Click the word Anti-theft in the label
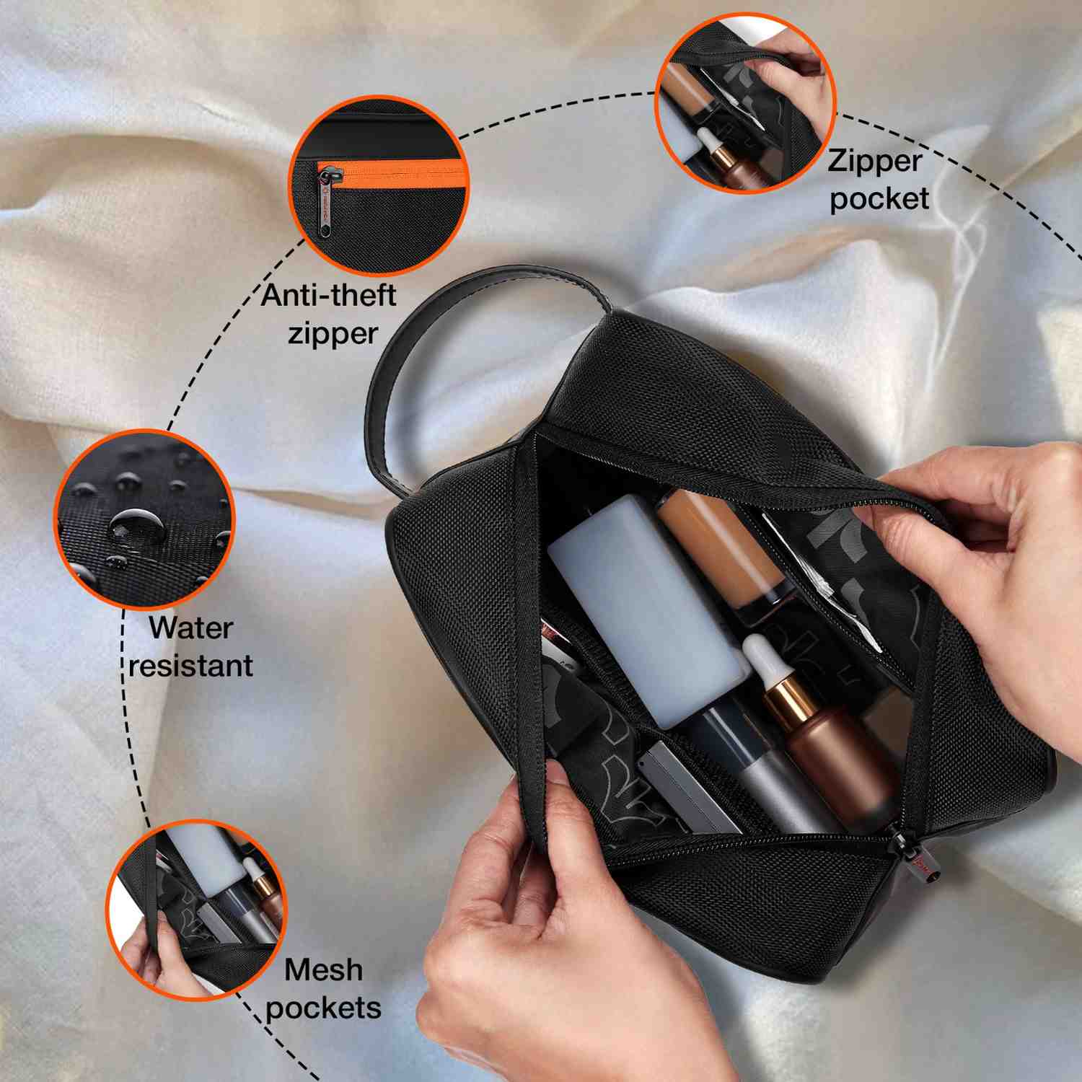[x=328, y=295]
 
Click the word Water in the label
[x=190, y=628]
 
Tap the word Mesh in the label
[x=323, y=969]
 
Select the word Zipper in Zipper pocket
[x=874, y=162]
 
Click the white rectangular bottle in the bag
[x=646, y=606]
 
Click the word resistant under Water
[x=190, y=665]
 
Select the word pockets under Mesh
[x=323, y=1007]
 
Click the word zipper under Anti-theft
[x=332, y=333]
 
